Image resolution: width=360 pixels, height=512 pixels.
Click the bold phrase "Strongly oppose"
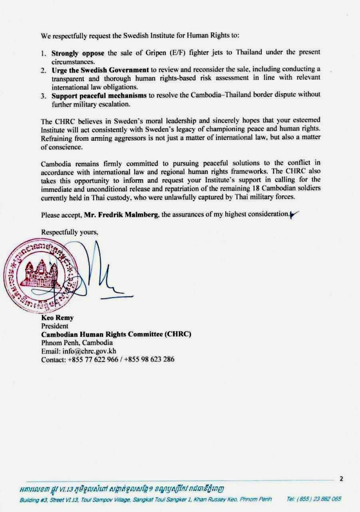coord(75,53)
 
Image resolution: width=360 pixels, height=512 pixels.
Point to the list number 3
coord(44,95)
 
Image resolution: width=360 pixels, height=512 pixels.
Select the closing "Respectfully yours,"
coord(70,231)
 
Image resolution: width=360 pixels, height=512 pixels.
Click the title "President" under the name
coord(55,326)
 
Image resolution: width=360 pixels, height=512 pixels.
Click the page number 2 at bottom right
coord(341,479)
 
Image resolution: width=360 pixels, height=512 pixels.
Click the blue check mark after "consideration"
coord(294,214)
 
